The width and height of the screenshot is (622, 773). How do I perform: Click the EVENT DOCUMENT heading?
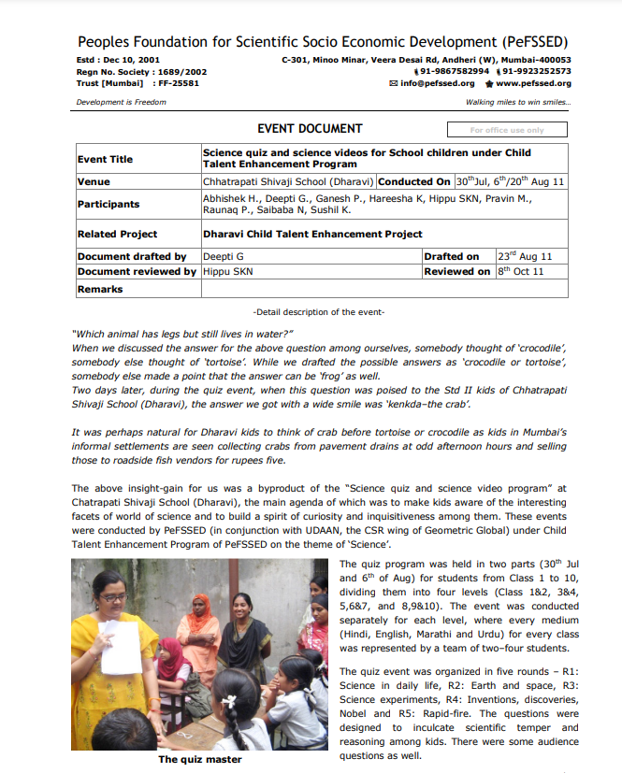309,129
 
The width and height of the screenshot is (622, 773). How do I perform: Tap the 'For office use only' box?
506,130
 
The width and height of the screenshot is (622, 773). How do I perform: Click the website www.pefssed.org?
533,83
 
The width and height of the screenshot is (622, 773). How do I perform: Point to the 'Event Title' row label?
105,159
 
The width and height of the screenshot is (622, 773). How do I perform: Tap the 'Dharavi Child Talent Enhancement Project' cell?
312,234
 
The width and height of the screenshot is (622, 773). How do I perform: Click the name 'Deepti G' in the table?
221,256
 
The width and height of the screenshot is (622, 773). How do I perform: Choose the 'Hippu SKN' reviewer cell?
228,271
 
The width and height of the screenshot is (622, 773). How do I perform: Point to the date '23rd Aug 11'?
525,256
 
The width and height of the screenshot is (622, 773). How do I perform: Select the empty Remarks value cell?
383,289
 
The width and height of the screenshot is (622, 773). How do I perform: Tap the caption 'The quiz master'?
199,759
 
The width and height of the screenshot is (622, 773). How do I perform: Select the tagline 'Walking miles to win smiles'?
517,102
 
